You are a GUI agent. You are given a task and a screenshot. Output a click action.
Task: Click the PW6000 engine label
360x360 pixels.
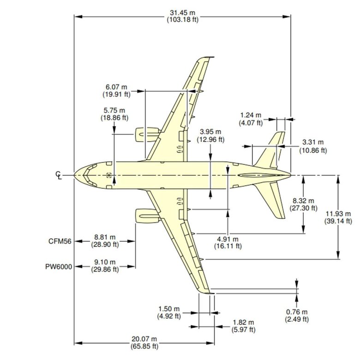tap(59, 266)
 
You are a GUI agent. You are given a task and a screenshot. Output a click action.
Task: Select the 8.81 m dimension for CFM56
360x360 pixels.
tap(107, 241)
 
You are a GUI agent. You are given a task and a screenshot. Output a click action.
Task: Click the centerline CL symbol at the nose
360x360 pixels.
tap(59, 175)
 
